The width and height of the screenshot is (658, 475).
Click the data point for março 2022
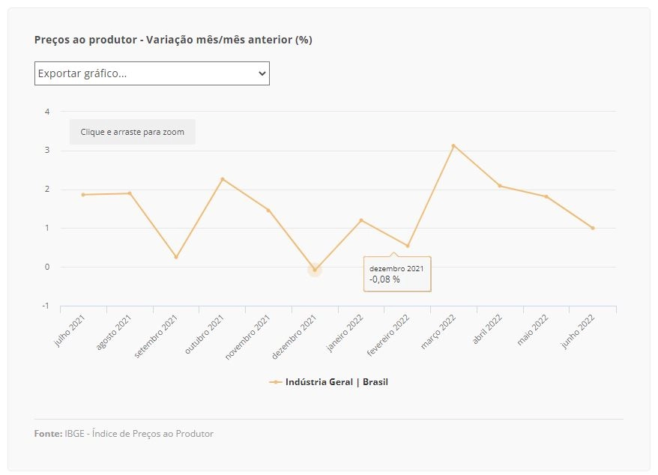coord(453,145)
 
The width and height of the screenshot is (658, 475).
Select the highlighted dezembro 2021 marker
coord(315,270)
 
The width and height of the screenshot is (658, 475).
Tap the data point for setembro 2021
coord(176,257)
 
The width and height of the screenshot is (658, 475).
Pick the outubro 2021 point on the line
coord(223,179)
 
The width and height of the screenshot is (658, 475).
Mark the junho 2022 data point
coord(593,229)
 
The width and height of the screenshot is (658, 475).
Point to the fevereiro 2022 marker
coord(408,246)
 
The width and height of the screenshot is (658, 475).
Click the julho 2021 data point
coord(83,195)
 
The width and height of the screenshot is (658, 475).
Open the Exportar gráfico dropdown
coord(152,73)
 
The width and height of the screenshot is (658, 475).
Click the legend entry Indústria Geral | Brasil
coord(328,382)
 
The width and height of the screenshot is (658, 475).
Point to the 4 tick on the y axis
coord(47,112)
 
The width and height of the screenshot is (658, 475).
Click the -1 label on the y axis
coord(46,306)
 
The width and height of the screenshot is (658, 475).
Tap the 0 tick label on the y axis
coord(47,267)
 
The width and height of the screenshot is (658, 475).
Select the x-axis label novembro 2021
coord(247,337)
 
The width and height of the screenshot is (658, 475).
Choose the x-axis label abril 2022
coord(487,330)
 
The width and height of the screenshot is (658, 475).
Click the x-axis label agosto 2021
coord(113,333)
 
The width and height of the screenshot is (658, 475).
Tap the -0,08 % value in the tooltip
coord(384,279)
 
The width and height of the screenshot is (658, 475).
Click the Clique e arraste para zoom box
coord(132,132)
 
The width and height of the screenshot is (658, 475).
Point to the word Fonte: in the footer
coord(48,434)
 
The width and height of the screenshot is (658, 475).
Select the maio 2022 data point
coord(546,197)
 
